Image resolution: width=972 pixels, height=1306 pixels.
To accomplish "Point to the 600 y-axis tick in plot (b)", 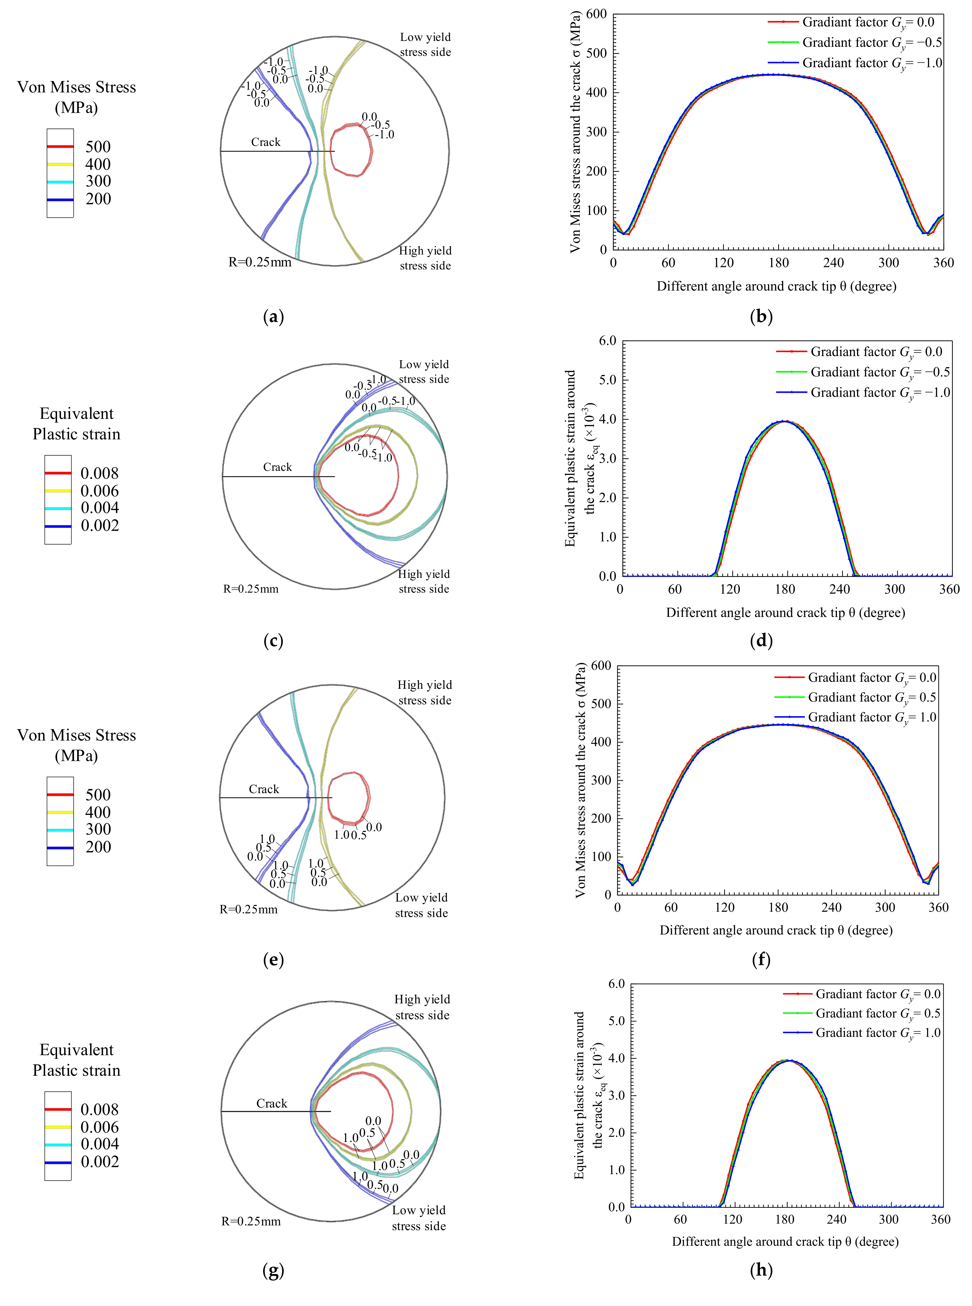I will click(596, 14).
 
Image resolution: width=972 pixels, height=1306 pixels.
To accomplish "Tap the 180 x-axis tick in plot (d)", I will click(785, 589).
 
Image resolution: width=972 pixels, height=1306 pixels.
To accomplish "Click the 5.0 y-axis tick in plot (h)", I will click(616, 1021).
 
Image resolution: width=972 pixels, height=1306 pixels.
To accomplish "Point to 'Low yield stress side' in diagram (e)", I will click(421, 905).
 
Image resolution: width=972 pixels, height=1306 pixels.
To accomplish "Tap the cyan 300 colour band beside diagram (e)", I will click(60, 830).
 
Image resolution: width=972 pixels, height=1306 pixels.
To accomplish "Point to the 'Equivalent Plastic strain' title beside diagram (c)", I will click(77, 424).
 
